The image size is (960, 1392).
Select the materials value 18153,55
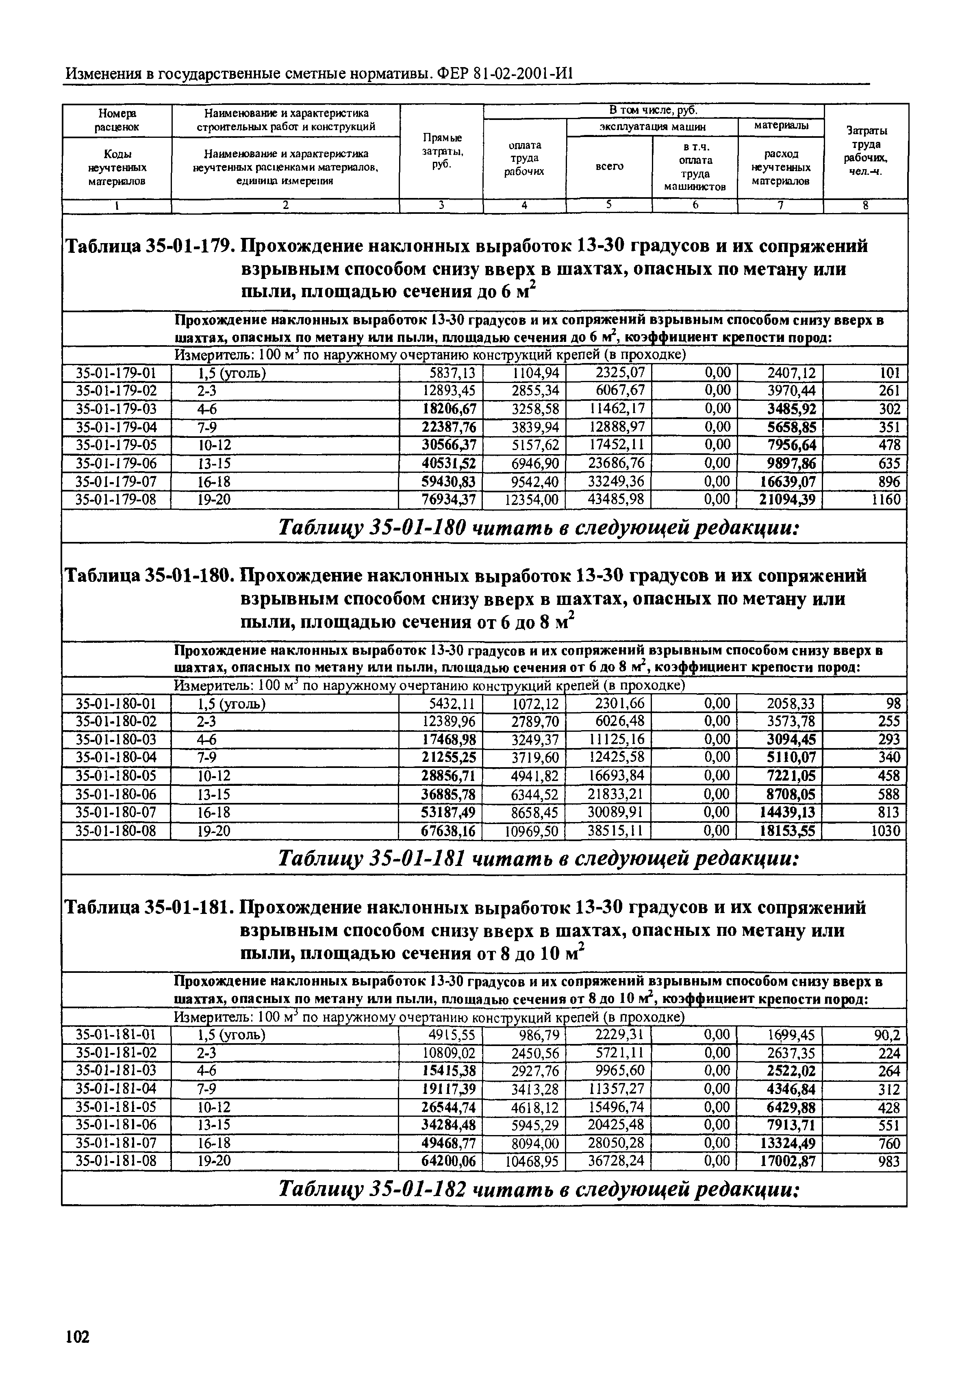[788, 831]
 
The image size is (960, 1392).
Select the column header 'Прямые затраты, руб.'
[442, 152]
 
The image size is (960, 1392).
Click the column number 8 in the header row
[866, 206]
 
